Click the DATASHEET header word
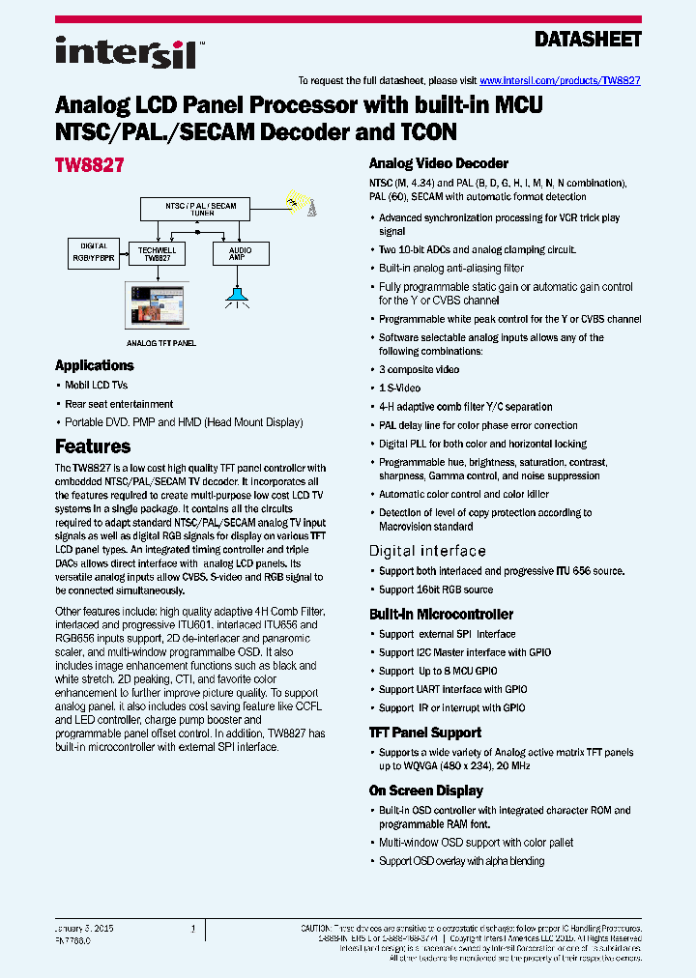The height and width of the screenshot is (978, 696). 588,40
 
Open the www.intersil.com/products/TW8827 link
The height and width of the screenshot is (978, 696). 560,81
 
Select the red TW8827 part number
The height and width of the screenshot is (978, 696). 89,165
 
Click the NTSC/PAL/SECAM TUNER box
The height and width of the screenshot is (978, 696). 201,208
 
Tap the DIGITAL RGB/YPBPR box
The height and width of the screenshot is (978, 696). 94,252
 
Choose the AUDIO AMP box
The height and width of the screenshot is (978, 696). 240,253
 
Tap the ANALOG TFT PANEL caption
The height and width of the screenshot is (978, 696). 160,343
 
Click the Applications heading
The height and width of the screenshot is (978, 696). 94,365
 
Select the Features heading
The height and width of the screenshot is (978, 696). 93,446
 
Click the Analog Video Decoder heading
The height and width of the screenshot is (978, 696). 438,163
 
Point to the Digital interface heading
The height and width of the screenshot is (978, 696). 427,551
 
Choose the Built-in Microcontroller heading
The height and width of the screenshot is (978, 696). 441,614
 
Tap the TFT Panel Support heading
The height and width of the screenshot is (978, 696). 425,733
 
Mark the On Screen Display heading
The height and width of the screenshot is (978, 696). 425,791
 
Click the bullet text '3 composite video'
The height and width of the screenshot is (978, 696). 419,370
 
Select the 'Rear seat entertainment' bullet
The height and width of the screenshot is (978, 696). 119,404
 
